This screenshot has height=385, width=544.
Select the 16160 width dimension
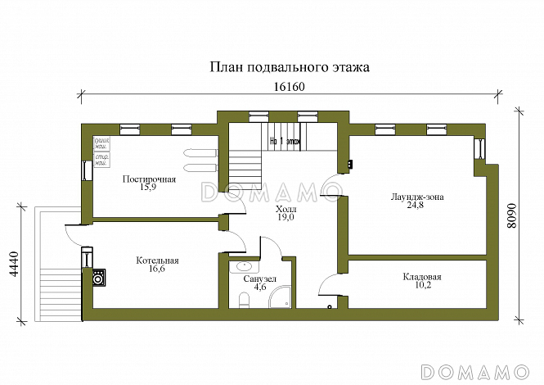pos(287,87)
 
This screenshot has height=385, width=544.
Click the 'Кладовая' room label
pos(422,277)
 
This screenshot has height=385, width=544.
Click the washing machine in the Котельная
pos(98,278)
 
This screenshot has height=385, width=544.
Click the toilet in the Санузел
pos(241,301)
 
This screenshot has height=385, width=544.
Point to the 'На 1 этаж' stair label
pos(285,140)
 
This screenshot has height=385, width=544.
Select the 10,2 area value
pos(422,287)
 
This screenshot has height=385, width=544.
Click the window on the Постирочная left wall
pos(86,170)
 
